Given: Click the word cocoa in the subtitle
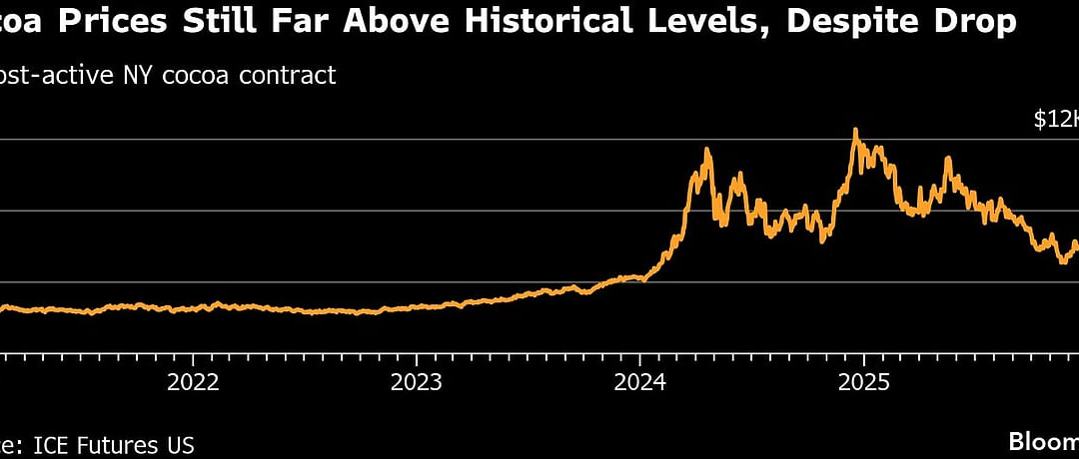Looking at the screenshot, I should pyautogui.click(x=190, y=76).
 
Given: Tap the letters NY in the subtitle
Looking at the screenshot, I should pyautogui.click(x=137, y=76).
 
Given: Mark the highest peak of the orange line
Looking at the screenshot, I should pyautogui.click(x=855, y=130).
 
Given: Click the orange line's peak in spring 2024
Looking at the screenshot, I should pyautogui.click(x=706, y=150).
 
